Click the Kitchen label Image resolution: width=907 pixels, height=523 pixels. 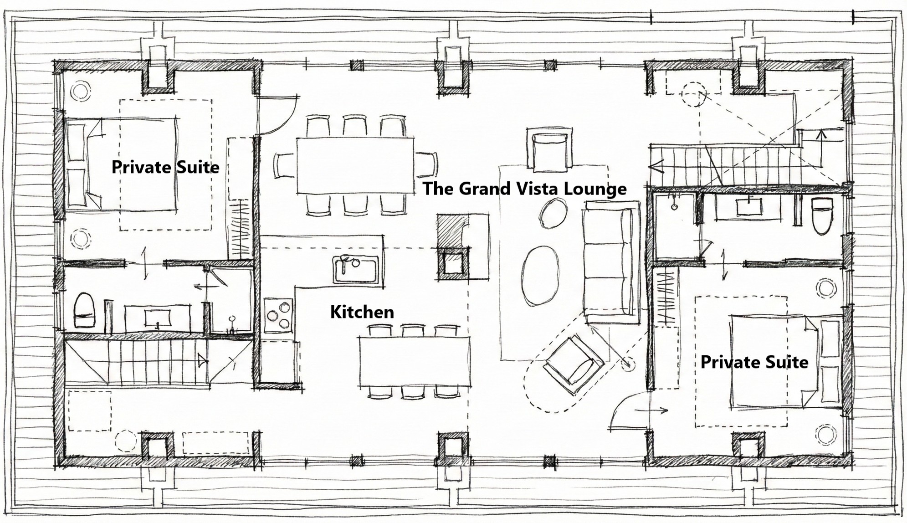362,312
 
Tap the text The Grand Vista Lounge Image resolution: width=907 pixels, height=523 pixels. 525,189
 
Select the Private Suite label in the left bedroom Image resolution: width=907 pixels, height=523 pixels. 165,167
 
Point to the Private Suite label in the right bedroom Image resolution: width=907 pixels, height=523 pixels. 754,362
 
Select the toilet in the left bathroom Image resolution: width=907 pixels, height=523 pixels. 84,310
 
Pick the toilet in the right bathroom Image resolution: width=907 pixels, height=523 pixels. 823,216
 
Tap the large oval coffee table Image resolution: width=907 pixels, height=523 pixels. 540,275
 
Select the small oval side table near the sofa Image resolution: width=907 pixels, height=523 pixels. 553,214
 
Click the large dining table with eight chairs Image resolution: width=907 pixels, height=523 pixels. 355,165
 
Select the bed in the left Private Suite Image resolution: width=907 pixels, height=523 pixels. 122,164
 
